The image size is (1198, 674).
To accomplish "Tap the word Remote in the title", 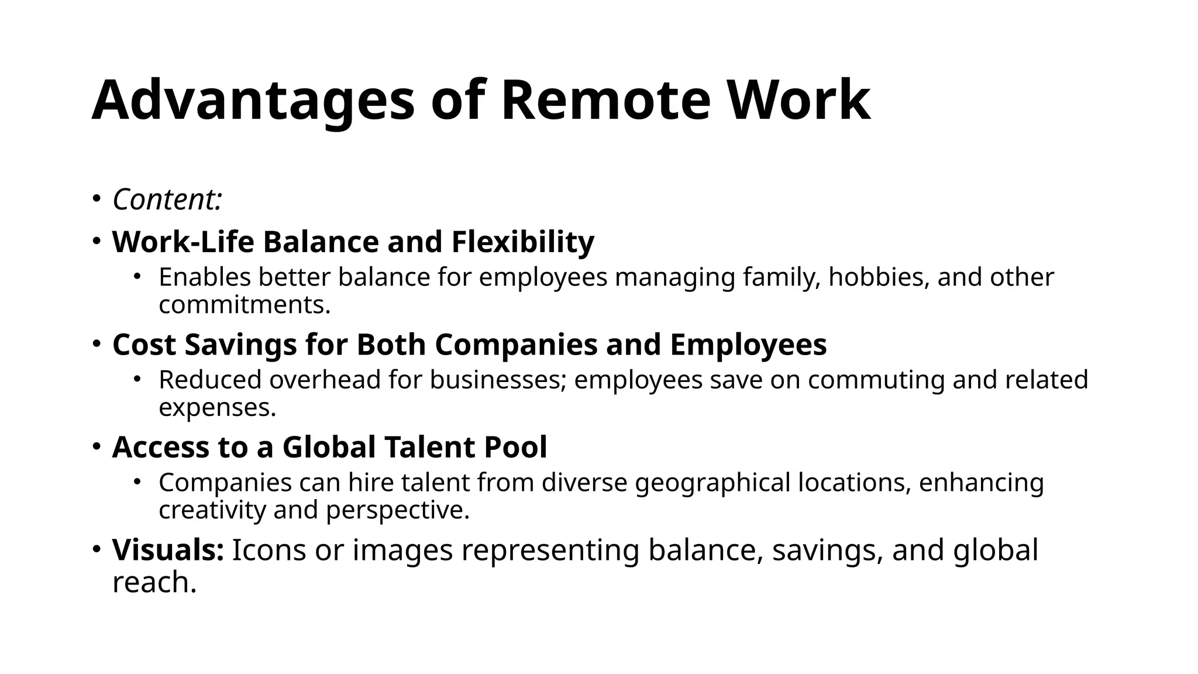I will [x=605, y=101].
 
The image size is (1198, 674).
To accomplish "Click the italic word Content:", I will [x=167, y=200].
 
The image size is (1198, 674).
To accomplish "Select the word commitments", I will [x=245, y=305].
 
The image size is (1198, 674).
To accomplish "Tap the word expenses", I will [x=217, y=408].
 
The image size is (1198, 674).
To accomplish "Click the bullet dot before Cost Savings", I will [x=97, y=344].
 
